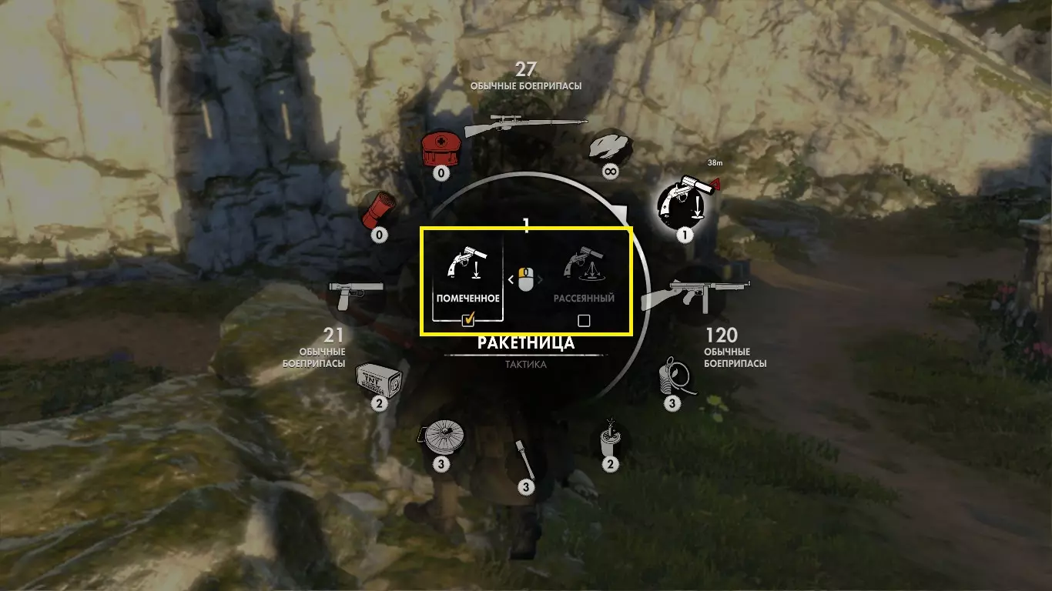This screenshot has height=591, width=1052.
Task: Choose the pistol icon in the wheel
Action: (x=355, y=294)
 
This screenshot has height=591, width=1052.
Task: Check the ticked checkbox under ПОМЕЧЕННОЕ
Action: (x=467, y=320)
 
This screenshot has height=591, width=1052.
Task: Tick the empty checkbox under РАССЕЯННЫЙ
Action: (x=584, y=320)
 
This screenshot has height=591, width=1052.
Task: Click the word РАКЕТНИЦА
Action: (x=525, y=343)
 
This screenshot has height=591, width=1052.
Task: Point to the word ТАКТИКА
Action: (x=526, y=365)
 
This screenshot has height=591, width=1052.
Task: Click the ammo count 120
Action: (x=722, y=335)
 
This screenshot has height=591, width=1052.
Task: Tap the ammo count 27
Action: (x=526, y=70)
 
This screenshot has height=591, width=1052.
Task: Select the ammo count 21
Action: (x=333, y=335)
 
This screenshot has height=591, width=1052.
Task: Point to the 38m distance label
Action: (x=715, y=162)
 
